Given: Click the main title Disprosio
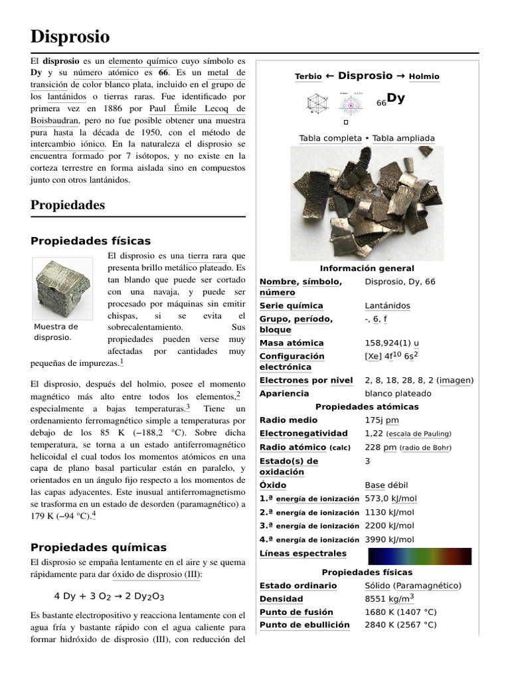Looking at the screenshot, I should [x=70, y=36].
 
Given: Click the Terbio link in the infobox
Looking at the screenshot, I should [x=307, y=77].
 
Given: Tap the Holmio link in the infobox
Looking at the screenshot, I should [x=424, y=77].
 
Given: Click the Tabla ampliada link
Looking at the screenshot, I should [x=403, y=138].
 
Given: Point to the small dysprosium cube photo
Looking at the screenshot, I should [x=62, y=289].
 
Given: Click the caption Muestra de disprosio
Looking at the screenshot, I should [x=56, y=332].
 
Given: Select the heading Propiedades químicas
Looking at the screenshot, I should [x=98, y=547].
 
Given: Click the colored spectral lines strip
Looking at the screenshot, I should [x=419, y=556].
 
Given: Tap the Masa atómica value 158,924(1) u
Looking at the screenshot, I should [x=392, y=343].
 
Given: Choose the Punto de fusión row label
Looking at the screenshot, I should [x=296, y=612].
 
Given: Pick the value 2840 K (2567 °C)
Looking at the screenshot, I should [x=400, y=625].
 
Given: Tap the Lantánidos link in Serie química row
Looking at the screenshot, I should [x=387, y=305].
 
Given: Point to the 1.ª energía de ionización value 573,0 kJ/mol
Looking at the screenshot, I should [x=390, y=498].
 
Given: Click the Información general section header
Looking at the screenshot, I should [x=367, y=268].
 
